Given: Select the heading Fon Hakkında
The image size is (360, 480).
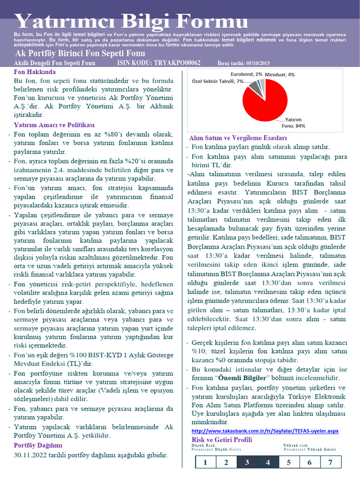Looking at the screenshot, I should click(35, 72).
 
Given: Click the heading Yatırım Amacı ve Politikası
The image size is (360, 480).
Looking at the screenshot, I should click(54, 125).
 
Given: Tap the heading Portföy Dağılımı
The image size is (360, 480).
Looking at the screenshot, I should click(38, 445).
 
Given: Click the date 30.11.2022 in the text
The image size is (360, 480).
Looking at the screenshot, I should click(31, 455).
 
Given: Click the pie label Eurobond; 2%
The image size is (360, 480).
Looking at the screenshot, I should click(246, 74).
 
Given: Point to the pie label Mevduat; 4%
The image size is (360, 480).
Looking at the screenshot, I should click(280, 75).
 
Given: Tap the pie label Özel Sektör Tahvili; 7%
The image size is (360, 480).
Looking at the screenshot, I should click(217, 81).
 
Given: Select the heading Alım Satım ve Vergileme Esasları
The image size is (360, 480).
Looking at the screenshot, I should click(238, 138).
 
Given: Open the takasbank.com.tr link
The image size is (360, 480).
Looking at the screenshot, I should click(265, 431).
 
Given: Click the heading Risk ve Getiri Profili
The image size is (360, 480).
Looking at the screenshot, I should click(222, 440).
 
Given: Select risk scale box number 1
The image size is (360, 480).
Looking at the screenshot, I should click(205, 463).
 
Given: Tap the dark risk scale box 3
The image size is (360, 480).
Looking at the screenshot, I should click(247, 463).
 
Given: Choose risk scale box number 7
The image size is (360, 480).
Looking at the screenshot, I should click(330, 463).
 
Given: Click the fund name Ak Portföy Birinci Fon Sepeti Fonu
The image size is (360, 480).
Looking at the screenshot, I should click(80, 53).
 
